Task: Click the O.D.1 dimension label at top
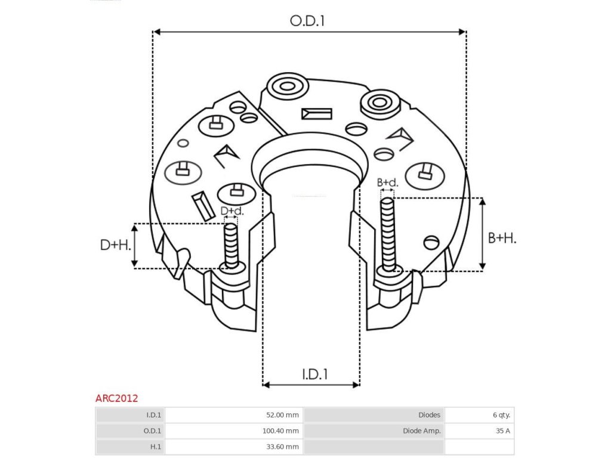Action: (x=307, y=21)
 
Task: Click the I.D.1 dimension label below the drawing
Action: (x=314, y=375)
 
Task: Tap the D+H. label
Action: (x=115, y=245)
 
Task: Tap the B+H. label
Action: (x=502, y=239)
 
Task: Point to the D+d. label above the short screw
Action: (x=232, y=211)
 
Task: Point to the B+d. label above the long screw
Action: (x=387, y=182)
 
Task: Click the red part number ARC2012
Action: (x=116, y=398)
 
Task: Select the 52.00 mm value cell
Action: (x=233, y=415)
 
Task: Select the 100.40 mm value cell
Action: (x=233, y=431)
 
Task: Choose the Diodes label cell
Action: (x=375, y=415)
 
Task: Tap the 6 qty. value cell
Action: (x=479, y=415)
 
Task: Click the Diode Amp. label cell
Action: (x=375, y=431)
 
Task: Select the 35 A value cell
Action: (x=479, y=431)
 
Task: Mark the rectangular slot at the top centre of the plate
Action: (x=316, y=113)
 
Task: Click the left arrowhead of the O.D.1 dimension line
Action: (x=157, y=32)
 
